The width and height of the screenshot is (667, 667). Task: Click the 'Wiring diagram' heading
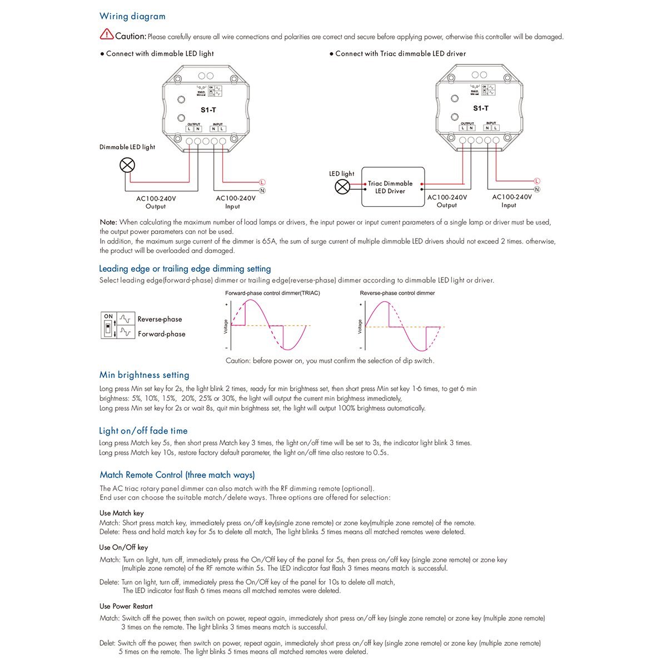click(x=132, y=17)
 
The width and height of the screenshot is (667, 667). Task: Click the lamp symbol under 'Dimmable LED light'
click(x=128, y=165)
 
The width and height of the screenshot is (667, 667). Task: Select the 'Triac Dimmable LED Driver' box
click(x=390, y=187)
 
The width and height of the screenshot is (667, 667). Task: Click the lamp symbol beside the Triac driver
click(x=342, y=187)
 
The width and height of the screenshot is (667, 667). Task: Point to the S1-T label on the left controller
click(x=208, y=110)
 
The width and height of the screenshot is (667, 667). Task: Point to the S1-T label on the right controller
click(x=481, y=108)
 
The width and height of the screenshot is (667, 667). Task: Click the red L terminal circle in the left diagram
click(x=262, y=182)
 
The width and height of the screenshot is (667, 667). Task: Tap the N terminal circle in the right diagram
click(x=537, y=190)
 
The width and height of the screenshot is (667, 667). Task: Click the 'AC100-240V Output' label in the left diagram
click(x=156, y=202)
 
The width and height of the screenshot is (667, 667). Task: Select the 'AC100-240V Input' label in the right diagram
click(x=512, y=201)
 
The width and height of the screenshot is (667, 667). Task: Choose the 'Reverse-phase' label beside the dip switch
click(x=160, y=320)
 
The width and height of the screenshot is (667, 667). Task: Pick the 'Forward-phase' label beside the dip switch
click(x=161, y=334)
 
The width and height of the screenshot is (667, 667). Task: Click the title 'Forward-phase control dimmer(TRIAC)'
click(x=272, y=293)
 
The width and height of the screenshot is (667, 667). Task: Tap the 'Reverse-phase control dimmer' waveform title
click(x=397, y=293)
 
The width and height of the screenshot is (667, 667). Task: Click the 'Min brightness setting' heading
click(x=145, y=375)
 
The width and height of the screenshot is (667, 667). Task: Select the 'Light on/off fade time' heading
click(x=143, y=431)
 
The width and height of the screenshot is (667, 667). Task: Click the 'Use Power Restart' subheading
click(x=126, y=606)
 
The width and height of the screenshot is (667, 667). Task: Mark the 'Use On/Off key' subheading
click(x=124, y=547)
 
